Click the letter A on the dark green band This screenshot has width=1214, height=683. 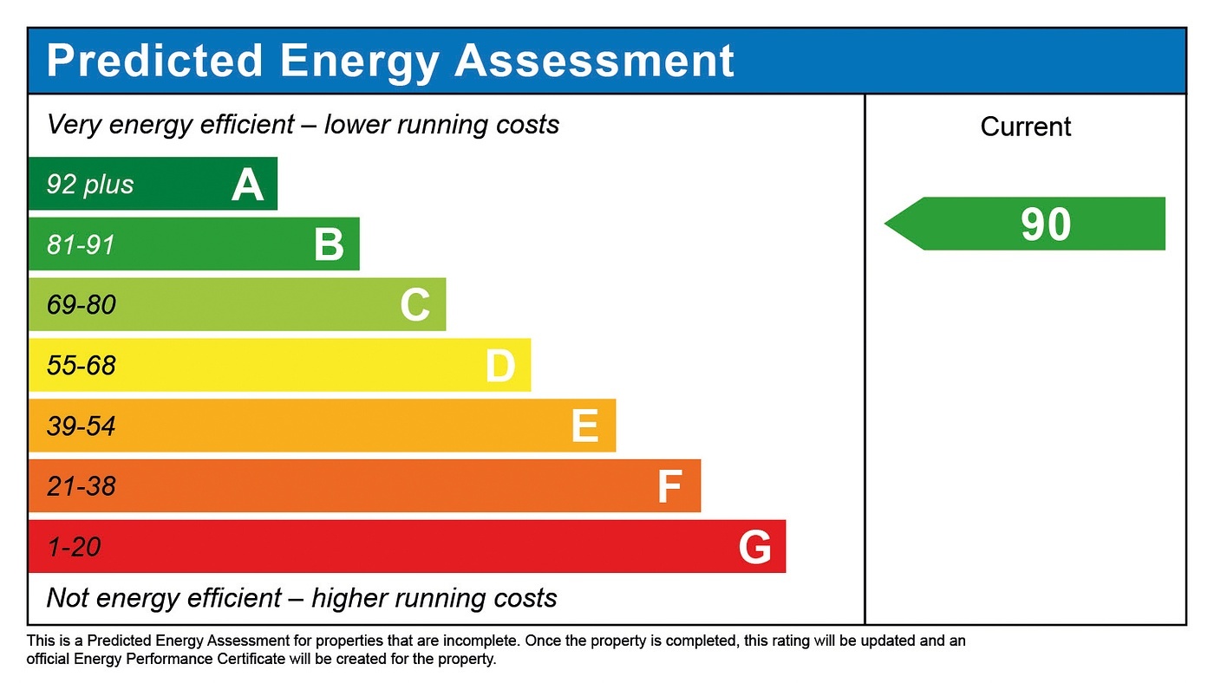247,185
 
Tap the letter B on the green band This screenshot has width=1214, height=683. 330,245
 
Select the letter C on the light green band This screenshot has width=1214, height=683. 415,305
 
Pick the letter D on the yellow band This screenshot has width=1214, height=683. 500,366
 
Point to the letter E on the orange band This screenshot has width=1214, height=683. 585,426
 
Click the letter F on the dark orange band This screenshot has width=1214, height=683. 669,487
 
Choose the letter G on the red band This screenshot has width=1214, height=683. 754,548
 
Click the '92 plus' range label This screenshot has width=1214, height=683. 90,185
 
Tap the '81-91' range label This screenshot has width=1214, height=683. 81,245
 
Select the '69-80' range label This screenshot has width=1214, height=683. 82,305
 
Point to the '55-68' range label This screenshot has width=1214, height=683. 82,366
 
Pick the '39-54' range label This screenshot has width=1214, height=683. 82,426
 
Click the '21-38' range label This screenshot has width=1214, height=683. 82,486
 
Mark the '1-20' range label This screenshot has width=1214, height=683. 74,547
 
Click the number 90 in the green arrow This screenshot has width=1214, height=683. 1046,224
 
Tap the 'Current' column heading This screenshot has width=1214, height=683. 1026,127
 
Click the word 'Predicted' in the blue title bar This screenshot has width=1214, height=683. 154,61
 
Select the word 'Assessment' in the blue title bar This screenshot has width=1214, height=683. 594,61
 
